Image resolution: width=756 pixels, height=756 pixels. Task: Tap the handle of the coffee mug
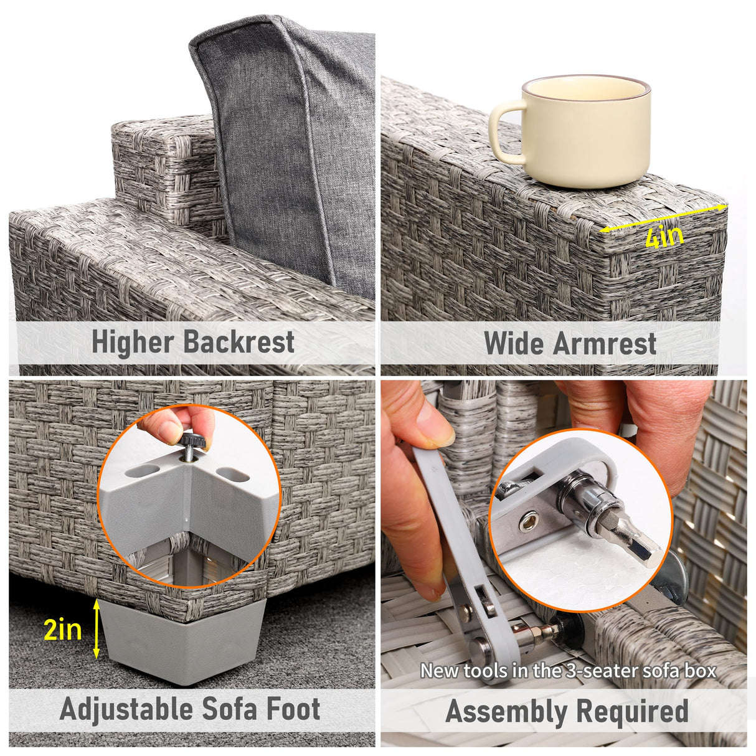click(504, 131)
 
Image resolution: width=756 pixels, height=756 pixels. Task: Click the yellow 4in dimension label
click(664, 236)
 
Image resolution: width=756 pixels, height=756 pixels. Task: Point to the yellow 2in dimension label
click(63, 630)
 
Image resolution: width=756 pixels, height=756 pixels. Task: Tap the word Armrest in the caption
click(605, 343)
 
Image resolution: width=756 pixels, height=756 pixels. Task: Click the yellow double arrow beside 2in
click(96, 629)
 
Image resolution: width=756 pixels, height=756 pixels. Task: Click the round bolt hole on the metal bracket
click(529, 519)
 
